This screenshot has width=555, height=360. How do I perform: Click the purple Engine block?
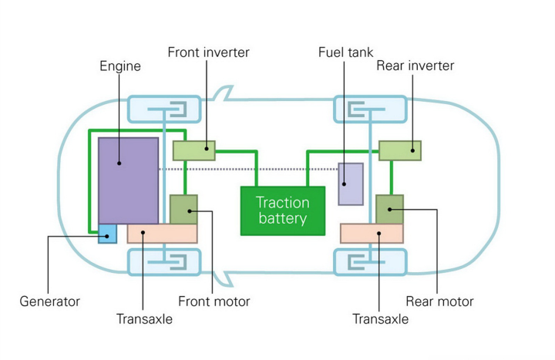click(x=128, y=181)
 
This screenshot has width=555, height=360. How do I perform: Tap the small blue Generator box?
click(x=107, y=234)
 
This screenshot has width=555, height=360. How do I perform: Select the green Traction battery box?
click(x=282, y=210)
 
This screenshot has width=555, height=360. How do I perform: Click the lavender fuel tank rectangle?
click(x=351, y=184)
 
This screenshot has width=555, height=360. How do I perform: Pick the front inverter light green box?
click(x=193, y=150)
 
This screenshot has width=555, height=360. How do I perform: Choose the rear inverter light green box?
click(x=400, y=150)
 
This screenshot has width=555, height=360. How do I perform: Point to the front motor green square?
click(x=183, y=209)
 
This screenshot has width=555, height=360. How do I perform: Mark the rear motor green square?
click(x=389, y=209)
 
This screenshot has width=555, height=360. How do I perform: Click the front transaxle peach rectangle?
click(x=162, y=234)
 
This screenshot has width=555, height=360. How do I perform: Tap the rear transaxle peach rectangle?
click(x=371, y=234)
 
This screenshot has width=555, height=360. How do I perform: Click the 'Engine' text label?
click(x=120, y=66)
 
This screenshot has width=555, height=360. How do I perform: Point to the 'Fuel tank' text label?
click(x=345, y=52)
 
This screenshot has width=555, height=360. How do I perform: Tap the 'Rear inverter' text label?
click(x=415, y=66)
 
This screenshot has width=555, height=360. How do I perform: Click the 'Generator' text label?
click(x=49, y=301)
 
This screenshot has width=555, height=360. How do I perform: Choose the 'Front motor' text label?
click(x=214, y=301)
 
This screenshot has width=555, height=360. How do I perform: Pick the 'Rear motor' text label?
click(x=438, y=301)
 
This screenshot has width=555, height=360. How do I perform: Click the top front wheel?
click(x=163, y=109)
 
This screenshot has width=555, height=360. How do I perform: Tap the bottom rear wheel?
click(x=369, y=262)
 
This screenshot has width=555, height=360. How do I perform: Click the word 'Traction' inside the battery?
click(x=282, y=203)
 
